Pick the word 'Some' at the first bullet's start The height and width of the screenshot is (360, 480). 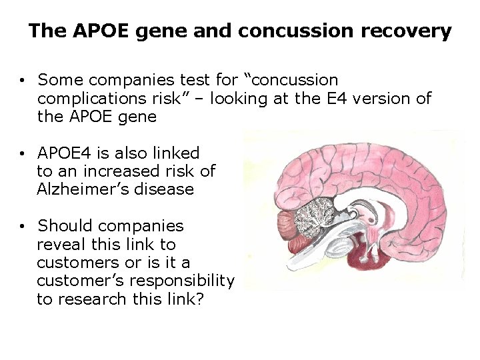[57, 81]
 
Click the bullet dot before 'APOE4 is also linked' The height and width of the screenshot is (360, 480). [23, 154]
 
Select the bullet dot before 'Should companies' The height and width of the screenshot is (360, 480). [23, 227]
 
